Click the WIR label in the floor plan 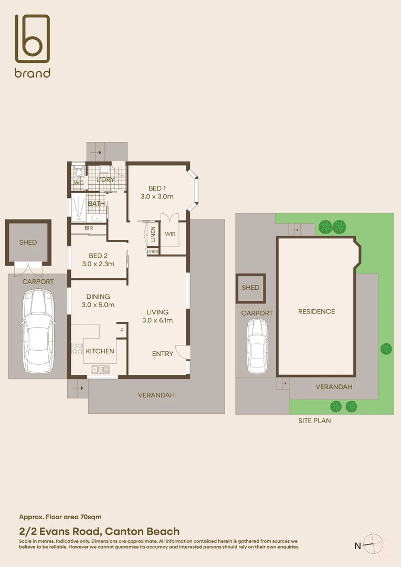[x=170, y=234]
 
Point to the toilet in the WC [x=78, y=172]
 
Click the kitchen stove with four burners [x=77, y=349]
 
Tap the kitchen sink [x=99, y=369]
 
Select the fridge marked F [x=122, y=331]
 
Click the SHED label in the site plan [x=250, y=288]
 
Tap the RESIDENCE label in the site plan [x=316, y=311]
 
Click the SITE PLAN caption [x=314, y=421]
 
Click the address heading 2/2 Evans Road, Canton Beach [x=99, y=531]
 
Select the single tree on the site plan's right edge [x=386, y=348]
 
